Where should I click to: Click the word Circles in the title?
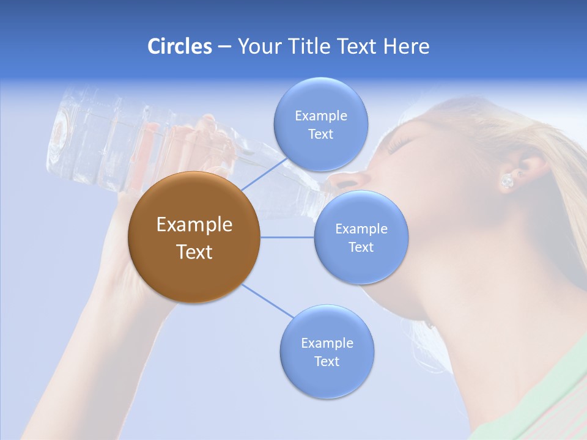point(179,46)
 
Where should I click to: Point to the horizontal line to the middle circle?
point(287,237)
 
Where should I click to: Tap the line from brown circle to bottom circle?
point(267,301)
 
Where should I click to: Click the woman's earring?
point(507,181)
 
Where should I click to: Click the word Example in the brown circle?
point(194,225)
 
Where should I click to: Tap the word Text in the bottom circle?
point(327,361)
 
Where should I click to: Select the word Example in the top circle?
point(320,116)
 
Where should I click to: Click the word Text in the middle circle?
point(361,247)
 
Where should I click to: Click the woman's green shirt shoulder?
point(538,391)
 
